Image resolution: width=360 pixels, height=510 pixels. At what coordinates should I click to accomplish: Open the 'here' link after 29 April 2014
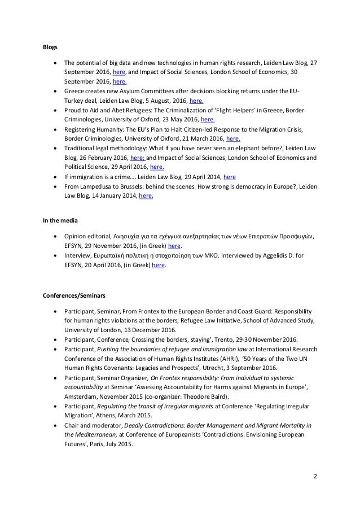click(x=230, y=177)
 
